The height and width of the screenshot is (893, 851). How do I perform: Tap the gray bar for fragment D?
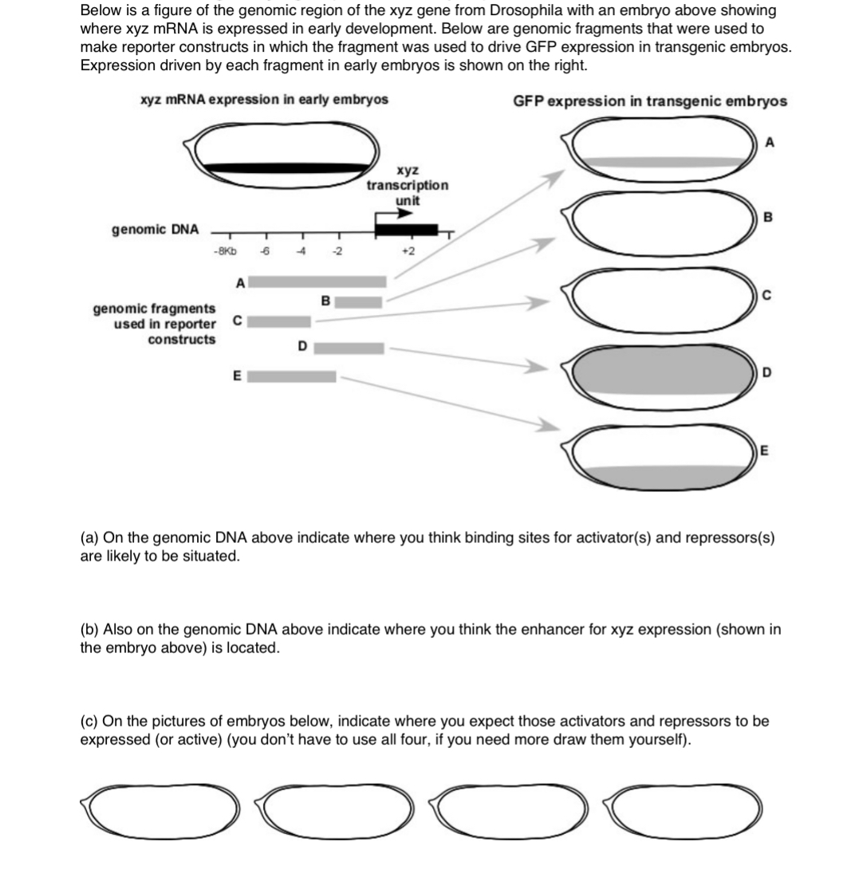click(352, 348)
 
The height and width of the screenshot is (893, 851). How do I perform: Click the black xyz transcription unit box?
click(406, 230)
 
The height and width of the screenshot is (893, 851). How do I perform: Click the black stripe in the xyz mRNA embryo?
click(287, 167)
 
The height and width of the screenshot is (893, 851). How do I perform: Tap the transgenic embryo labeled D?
click(664, 372)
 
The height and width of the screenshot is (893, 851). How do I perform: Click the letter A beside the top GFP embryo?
click(770, 144)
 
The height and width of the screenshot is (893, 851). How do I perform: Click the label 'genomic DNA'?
click(155, 230)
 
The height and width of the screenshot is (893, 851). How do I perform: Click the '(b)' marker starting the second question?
click(92, 630)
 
